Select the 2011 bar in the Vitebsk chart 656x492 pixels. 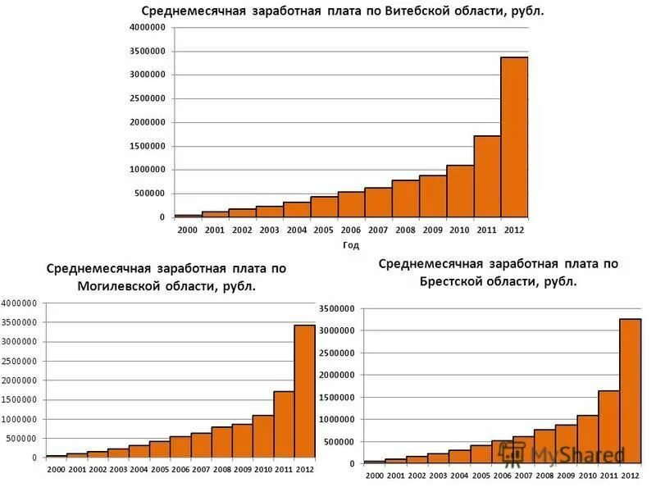487,176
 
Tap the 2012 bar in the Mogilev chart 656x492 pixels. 304,390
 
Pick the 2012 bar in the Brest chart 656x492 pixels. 630,390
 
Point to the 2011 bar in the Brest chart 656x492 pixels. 608,426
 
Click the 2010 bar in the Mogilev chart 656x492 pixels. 263,435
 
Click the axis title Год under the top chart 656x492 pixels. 350,244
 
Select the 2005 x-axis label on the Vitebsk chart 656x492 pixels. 323,230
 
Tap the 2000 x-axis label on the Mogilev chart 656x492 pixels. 56,469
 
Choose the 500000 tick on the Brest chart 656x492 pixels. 339,442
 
